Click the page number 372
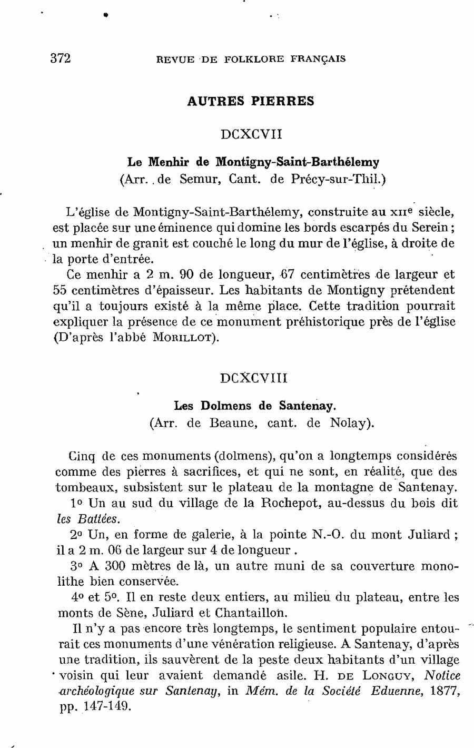coord(61,58)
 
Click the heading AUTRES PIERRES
coord(251,101)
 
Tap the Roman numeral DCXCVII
coord(251,134)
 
